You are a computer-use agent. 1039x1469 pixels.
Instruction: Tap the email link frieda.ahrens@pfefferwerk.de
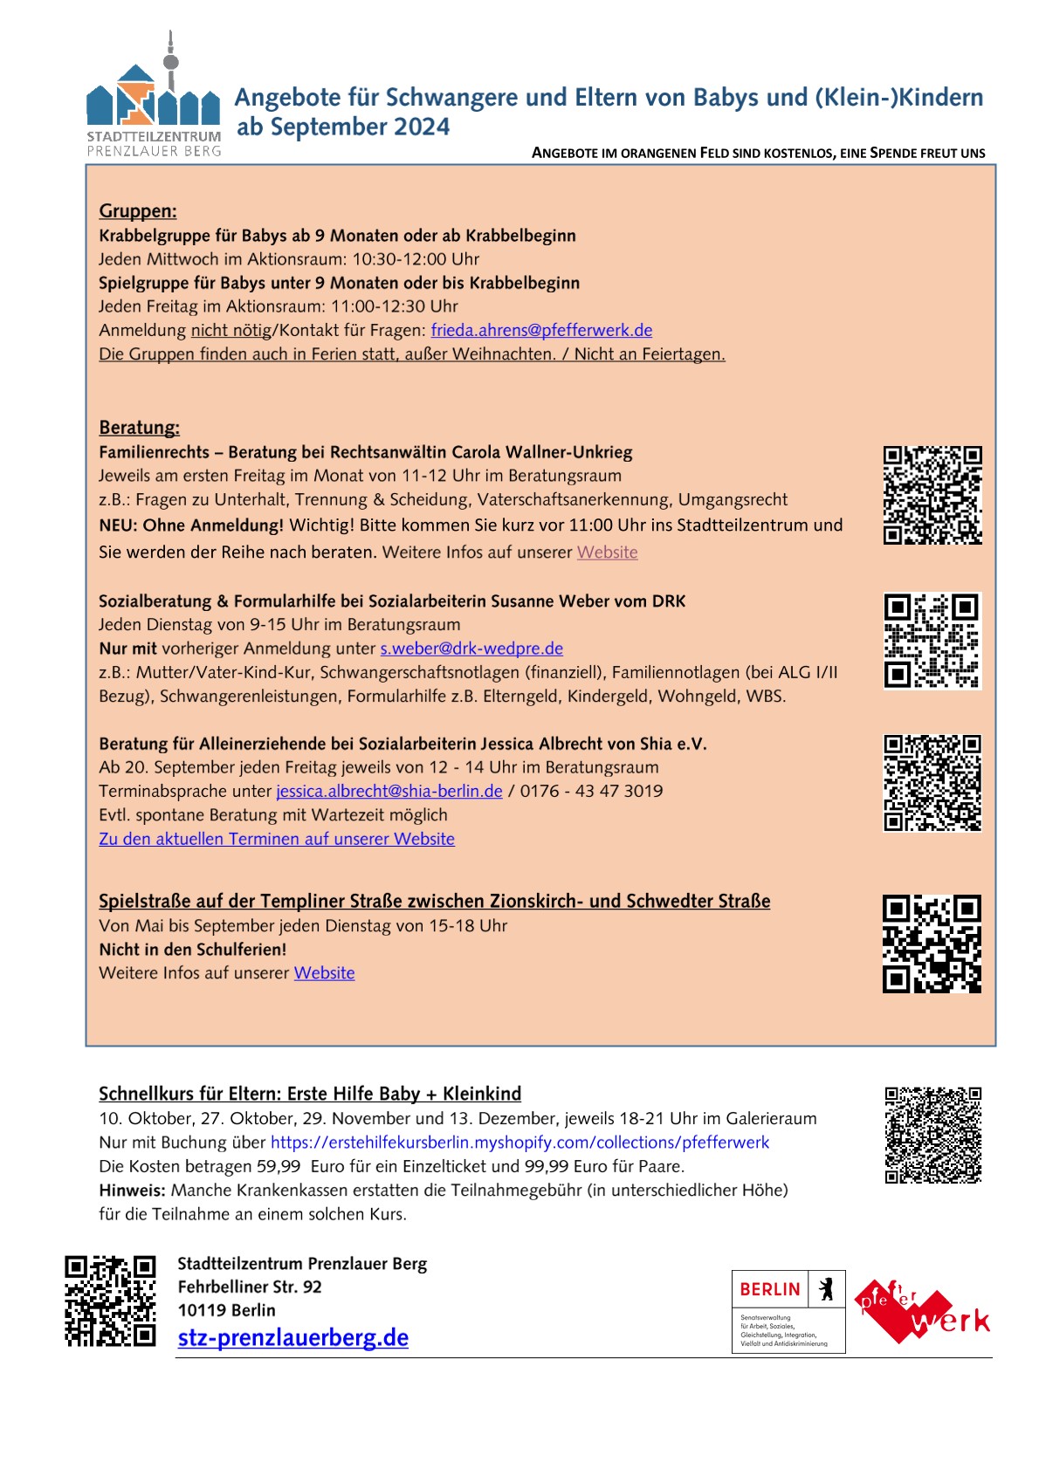541,330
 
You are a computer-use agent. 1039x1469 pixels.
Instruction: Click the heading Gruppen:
138,210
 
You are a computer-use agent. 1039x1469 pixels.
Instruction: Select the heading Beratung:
140,427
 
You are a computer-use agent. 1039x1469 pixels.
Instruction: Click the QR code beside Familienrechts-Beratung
932,495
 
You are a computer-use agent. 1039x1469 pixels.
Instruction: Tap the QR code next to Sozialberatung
932,641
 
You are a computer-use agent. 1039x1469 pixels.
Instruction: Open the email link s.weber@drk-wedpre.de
471,649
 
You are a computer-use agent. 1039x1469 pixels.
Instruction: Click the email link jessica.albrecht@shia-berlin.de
389,791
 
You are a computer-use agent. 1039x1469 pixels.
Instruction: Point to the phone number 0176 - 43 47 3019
591,791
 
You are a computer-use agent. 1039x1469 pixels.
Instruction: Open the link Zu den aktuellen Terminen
277,839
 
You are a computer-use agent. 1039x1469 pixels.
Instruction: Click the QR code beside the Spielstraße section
932,944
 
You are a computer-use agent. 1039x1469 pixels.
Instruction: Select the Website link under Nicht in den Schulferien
324,973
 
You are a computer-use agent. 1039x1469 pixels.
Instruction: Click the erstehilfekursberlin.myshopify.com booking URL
519,1143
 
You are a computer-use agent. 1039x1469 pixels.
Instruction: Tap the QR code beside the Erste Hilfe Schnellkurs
932,1135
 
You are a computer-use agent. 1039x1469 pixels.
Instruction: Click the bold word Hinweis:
133,1190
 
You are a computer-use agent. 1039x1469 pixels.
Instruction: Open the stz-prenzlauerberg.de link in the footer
293,1337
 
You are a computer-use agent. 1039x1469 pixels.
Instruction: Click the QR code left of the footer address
110,1301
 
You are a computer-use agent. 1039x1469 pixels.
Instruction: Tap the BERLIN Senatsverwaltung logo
788,1311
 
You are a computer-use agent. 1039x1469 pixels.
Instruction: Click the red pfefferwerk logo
921,1311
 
